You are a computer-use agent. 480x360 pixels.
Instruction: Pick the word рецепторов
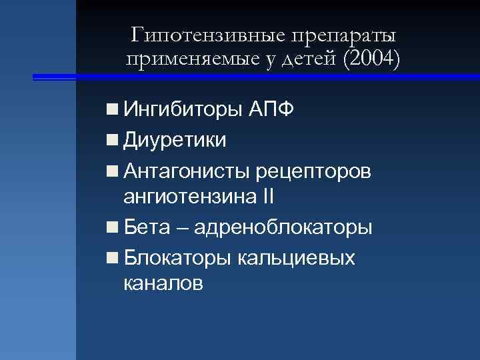point(313,172)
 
